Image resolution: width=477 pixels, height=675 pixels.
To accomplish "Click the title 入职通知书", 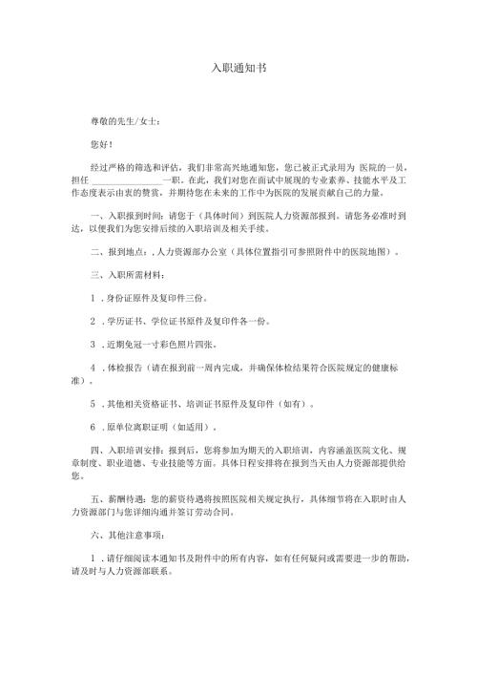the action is [x=238, y=71].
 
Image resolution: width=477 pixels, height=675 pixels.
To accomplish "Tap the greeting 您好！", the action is [x=99, y=145].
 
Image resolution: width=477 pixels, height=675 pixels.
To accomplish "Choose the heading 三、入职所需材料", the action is [x=120, y=277].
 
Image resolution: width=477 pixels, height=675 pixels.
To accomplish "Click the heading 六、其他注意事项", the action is [x=124, y=535].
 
